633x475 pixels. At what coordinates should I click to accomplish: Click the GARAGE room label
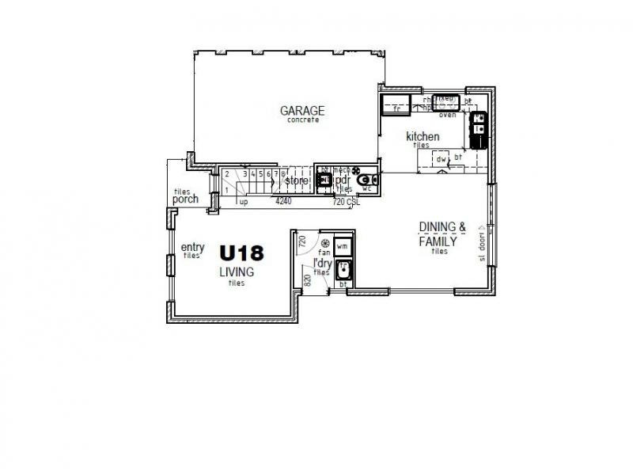302,110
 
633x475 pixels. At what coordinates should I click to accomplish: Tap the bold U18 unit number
241,253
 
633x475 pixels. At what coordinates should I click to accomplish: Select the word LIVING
237,272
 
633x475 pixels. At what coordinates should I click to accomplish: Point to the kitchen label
423,137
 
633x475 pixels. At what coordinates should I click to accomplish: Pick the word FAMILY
438,241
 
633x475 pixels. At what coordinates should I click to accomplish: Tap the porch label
185,199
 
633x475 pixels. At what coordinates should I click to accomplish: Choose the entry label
193,246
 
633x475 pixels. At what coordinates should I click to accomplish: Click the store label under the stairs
296,180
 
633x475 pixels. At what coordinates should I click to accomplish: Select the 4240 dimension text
283,203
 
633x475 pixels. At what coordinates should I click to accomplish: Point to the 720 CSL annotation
346,203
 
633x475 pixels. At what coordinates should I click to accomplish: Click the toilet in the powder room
366,181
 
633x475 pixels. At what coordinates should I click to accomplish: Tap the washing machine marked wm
343,247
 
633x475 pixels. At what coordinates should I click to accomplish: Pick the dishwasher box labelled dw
441,160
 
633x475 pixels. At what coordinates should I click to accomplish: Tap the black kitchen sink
479,131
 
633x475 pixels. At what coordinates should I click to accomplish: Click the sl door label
481,245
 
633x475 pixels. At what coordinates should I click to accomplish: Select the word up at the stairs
244,203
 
